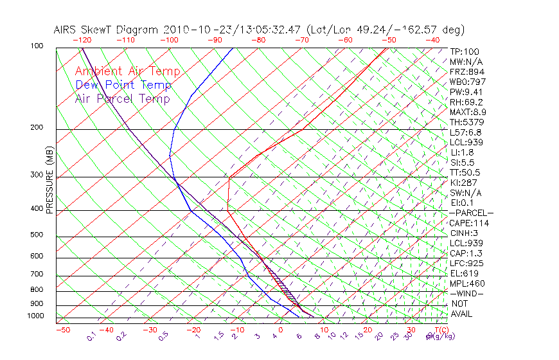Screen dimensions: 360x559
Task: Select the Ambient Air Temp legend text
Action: pyautogui.click(x=127, y=71)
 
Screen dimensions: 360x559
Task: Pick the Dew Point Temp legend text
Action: pyautogui.click(x=123, y=85)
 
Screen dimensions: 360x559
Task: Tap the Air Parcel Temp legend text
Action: pyautogui.click(x=122, y=98)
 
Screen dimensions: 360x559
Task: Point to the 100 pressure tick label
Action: pyautogui.click(x=37, y=46)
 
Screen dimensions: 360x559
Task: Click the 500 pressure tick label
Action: pyautogui.click(x=37, y=235)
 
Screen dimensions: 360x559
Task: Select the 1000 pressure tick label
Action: pyautogui.click(x=35, y=316)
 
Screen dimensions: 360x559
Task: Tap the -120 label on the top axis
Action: pyautogui.click(x=82, y=40)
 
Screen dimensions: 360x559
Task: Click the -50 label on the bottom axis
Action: pyautogui.click(x=62, y=330)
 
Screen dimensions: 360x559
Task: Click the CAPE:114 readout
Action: pyautogui.click(x=468, y=223)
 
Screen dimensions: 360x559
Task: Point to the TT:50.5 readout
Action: pyautogui.click(x=465, y=172)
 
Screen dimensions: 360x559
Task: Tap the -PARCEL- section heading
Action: pyautogui.click(x=471, y=213)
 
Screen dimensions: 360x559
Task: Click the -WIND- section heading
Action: pyautogui.click(x=466, y=293)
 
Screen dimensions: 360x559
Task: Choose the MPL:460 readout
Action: pyautogui.click(x=467, y=283)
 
